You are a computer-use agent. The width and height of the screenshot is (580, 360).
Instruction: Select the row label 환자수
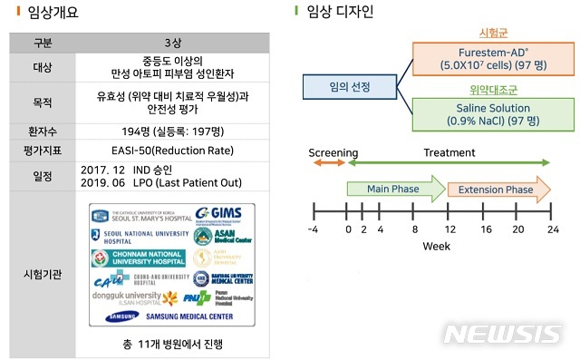point(43,131)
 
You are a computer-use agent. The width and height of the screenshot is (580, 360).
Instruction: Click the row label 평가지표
point(43,150)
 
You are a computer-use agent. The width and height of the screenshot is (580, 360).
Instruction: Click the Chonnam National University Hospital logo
point(139,258)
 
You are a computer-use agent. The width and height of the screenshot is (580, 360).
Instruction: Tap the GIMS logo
point(217,215)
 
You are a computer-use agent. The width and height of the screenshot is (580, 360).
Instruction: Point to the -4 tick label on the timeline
point(314,229)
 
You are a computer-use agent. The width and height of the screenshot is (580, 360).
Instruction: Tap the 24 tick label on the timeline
point(549,229)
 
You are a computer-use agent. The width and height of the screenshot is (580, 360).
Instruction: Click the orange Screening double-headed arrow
point(328,162)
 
